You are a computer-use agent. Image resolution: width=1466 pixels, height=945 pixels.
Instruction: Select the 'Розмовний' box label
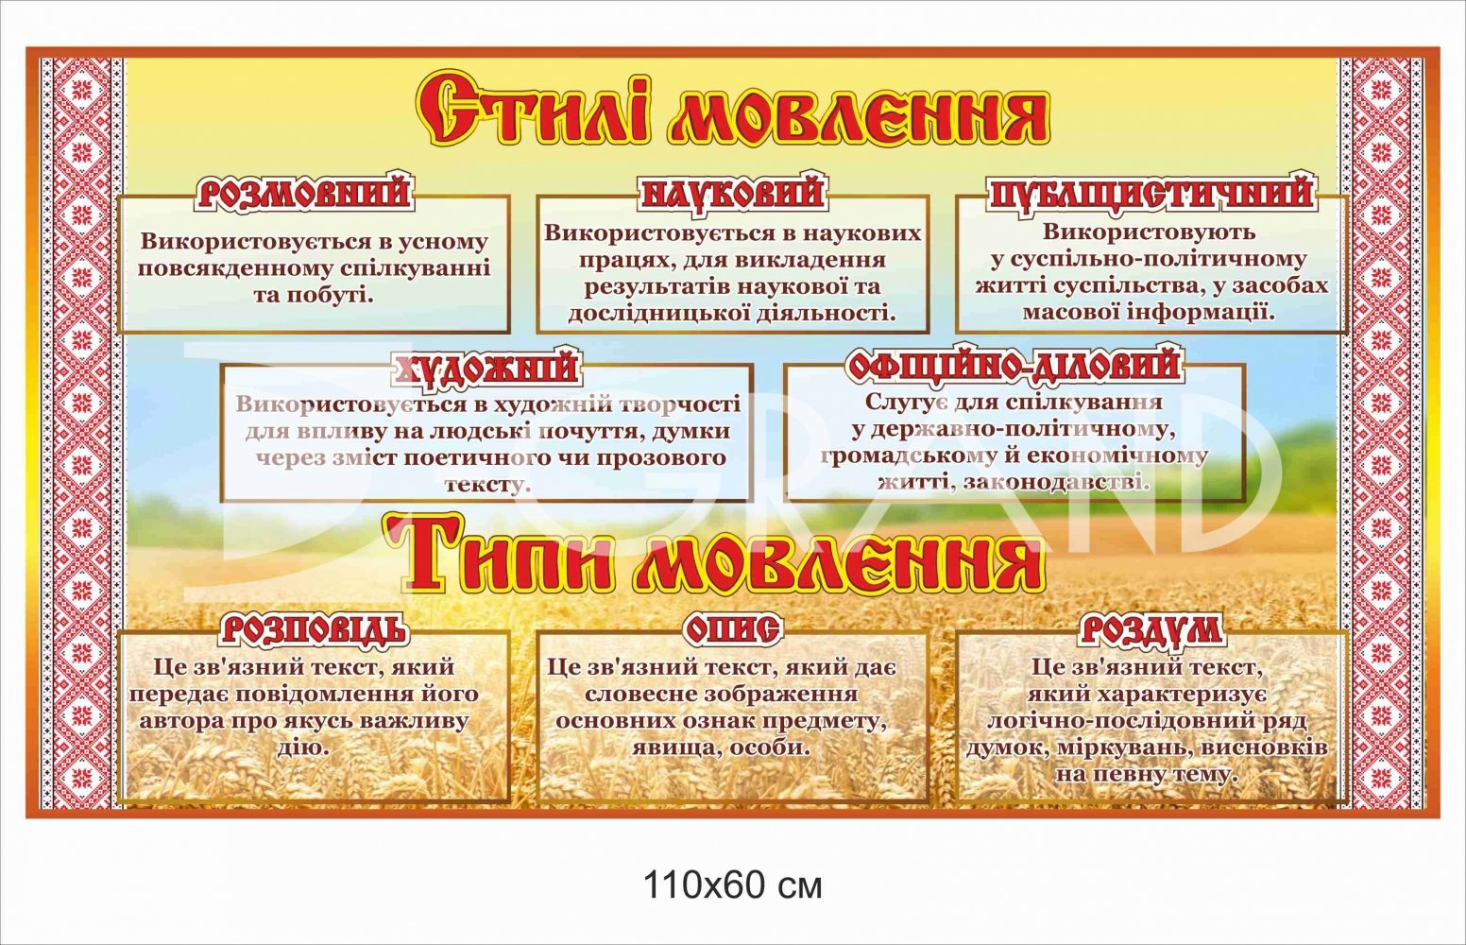tap(305, 193)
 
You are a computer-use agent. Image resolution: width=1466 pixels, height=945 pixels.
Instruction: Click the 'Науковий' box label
tap(732, 193)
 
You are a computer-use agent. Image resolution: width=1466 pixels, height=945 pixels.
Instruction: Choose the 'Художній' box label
tap(485, 368)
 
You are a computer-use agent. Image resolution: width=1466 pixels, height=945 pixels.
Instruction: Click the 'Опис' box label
tap(732, 629)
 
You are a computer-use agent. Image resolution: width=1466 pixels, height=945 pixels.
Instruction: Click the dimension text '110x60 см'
tap(733, 886)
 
